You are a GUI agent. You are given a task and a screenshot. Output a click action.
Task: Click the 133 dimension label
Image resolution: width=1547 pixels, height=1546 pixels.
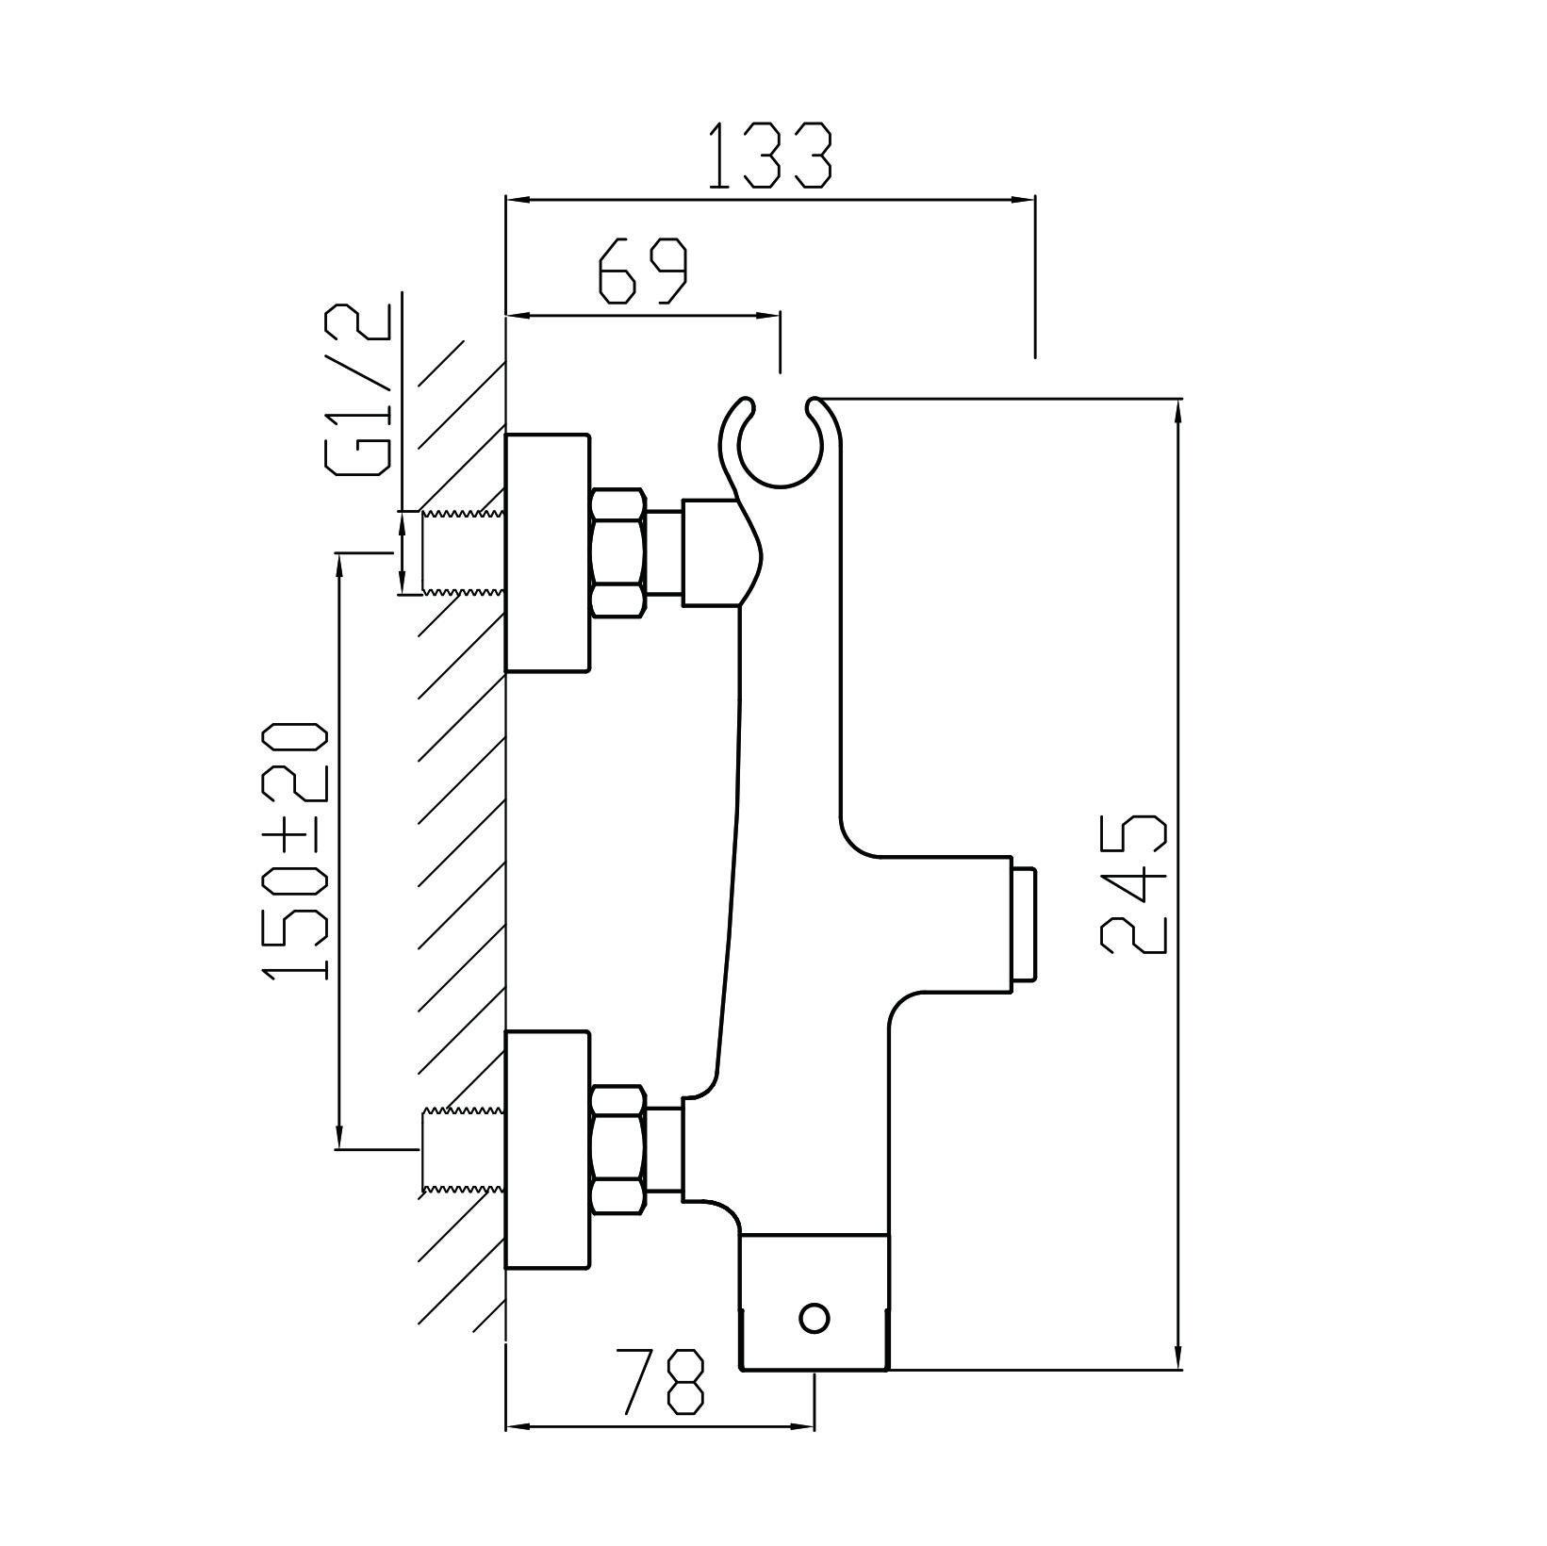click(769, 156)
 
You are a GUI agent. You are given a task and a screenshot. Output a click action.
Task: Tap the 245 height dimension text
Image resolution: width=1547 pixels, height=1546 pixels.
click(1133, 883)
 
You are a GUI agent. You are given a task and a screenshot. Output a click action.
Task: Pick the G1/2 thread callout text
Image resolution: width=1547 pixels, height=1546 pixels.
click(357, 390)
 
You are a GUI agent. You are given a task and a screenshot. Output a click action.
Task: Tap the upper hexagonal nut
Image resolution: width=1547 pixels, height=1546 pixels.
click(618, 552)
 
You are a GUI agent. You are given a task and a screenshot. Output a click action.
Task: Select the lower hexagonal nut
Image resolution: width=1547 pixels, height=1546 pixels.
click(618, 1150)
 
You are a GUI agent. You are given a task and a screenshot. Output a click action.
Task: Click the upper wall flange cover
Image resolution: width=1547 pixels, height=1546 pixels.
click(548, 553)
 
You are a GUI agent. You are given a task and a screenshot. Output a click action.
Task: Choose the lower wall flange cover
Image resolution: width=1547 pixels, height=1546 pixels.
click(548, 1150)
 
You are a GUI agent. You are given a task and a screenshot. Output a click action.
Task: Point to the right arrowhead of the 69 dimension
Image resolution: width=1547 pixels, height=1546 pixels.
click(768, 317)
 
